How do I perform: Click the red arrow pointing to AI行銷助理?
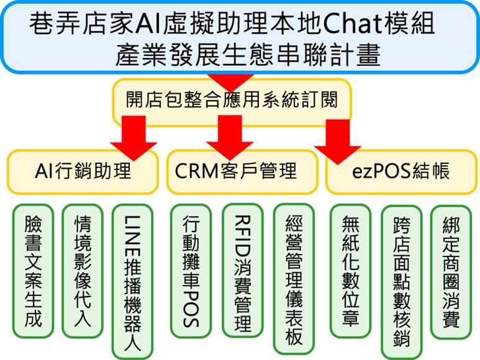click(x=134, y=138)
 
